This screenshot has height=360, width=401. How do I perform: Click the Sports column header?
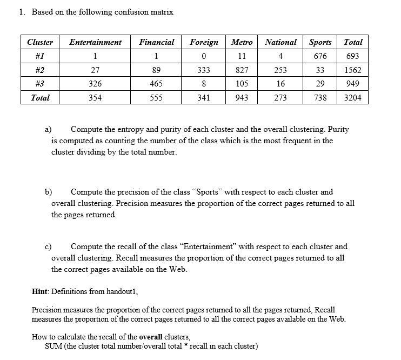(320, 42)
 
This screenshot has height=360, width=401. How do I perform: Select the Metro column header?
(242, 42)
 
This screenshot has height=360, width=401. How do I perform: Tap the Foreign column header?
(204, 42)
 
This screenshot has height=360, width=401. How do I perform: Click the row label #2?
(40, 70)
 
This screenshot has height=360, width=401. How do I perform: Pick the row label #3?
(40, 84)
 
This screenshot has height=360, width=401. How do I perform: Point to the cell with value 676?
(320, 56)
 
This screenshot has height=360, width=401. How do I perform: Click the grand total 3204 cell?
(353, 98)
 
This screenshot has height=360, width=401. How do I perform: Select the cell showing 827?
(242, 70)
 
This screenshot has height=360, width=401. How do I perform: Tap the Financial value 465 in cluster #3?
(156, 84)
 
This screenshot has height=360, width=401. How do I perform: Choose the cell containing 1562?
(353, 70)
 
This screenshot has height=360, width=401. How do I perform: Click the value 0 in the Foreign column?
(204, 56)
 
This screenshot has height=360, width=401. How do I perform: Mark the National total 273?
(280, 98)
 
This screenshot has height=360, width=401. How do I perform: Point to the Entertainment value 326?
(95, 84)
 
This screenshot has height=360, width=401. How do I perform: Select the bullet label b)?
(48, 192)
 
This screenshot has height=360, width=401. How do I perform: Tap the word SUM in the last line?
(54, 346)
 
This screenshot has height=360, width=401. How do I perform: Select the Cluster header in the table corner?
(40, 42)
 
